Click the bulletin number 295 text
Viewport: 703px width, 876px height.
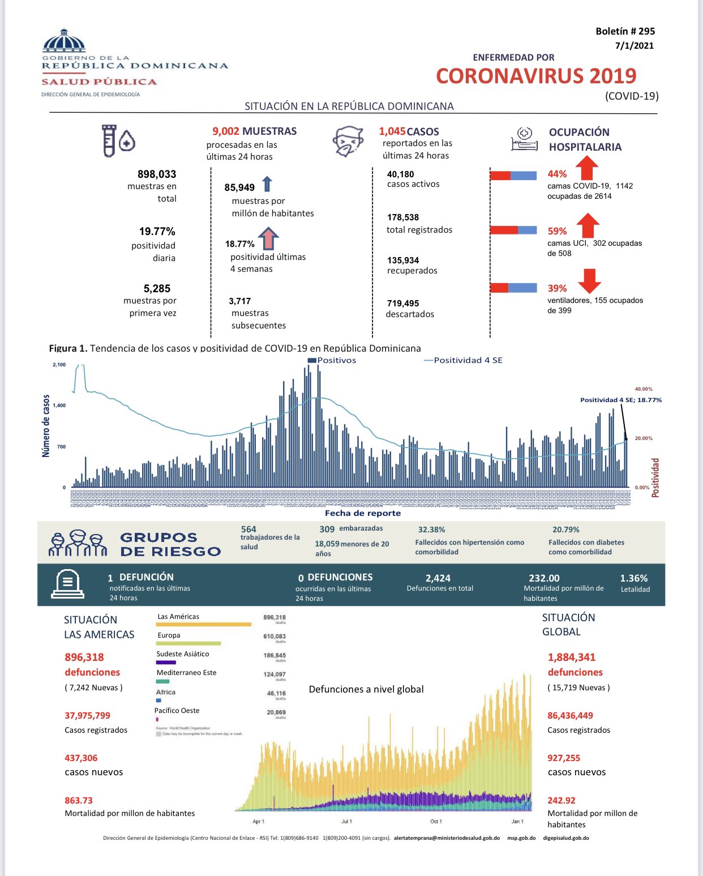(625, 32)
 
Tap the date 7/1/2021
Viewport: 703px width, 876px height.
(634, 46)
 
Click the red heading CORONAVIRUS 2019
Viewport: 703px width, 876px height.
(535, 76)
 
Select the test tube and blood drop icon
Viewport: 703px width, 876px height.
(118, 140)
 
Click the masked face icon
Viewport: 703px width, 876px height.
(348, 142)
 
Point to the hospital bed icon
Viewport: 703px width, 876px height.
(524, 139)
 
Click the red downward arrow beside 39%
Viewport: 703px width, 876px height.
(589, 280)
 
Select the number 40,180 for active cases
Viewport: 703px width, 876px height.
(400, 174)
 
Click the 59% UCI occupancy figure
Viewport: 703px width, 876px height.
(557, 231)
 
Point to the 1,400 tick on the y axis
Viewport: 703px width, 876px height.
(59, 405)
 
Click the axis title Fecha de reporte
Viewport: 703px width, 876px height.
(362, 513)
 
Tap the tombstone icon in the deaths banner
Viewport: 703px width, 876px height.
(67, 584)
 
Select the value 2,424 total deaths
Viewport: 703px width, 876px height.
(438, 578)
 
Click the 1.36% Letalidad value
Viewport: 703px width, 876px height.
(633, 578)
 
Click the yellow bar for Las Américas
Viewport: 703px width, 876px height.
(203, 625)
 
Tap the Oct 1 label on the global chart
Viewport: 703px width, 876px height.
(436, 821)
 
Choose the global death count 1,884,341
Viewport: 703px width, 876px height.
(572, 657)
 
